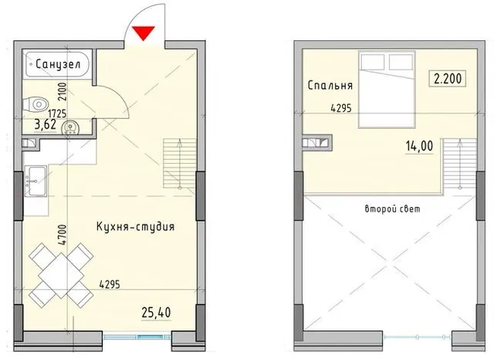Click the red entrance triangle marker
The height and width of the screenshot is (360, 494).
tap(144, 33)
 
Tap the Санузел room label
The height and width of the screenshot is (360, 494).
tap(59, 64)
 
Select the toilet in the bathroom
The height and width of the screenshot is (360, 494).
tap(36, 104)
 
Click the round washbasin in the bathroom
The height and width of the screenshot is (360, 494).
tap(71, 128)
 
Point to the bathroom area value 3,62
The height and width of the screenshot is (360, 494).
tap(46, 125)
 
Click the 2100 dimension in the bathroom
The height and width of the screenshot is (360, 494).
tap(63, 91)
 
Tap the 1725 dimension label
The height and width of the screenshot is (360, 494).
tap(57, 113)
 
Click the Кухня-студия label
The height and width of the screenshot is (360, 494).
tap(135, 226)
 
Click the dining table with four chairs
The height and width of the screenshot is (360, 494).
tap(61, 275)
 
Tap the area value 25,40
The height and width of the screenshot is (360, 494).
tap(156, 312)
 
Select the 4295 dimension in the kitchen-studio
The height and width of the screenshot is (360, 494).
tap(110, 284)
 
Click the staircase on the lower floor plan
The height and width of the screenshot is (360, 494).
tap(180, 163)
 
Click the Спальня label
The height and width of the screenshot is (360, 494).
tap(330, 86)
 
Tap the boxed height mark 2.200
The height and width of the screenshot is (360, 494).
tap(448, 79)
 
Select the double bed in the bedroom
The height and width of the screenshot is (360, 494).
tap(387, 89)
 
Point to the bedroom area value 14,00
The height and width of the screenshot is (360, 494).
tap(419, 146)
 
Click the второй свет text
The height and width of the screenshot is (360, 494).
tap(393, 209)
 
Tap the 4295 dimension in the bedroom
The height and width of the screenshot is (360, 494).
tap(341, 108)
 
